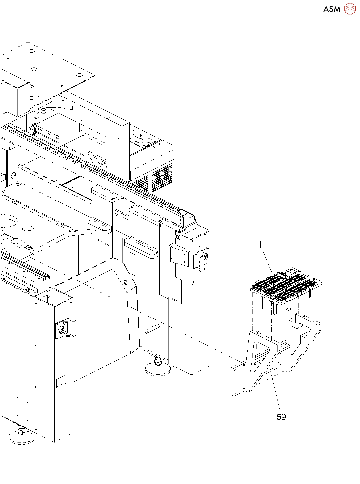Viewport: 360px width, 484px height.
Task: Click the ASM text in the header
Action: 332,9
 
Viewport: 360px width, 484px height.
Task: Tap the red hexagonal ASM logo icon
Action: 350,9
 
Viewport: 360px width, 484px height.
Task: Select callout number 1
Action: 260,245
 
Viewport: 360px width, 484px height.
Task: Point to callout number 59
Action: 281,417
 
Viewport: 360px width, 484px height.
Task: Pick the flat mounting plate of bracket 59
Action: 237,381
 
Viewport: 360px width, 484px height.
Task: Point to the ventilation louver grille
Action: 162,177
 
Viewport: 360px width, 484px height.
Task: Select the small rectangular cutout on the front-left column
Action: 61,381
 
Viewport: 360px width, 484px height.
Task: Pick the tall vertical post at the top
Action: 118,147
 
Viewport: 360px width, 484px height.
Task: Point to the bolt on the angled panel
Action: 125,282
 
